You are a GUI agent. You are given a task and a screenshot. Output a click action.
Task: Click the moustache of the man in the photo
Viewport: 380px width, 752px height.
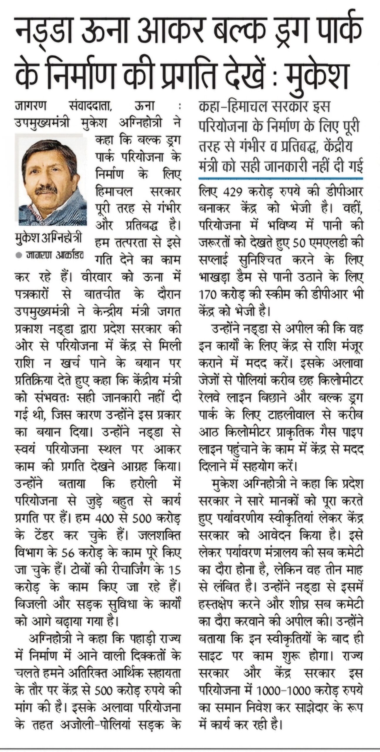(46, 191)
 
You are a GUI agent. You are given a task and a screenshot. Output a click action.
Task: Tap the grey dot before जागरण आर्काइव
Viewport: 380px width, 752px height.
(19, 255)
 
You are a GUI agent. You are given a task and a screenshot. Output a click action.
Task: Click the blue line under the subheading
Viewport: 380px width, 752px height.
(281, 178)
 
